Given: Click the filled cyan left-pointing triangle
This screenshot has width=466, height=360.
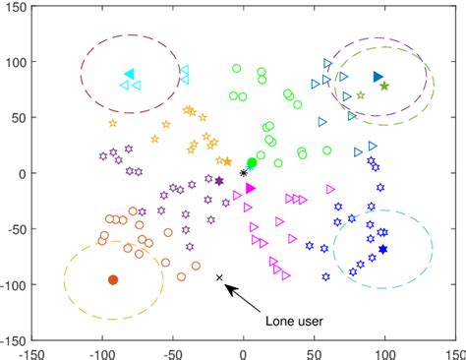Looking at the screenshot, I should pyautogui.click(x=129, y=75).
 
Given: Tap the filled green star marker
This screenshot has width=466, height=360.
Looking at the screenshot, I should pyautogui.click(x=384, y=87).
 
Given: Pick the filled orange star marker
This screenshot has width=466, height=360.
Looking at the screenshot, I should pyautogui.click(x=227, y=161).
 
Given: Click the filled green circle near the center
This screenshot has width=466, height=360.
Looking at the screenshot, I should pyautogui.click(x=252, y=162).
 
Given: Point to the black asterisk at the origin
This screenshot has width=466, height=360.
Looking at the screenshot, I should pyautogui.click(x=244, y=173).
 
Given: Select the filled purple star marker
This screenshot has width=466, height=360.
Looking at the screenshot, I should pyautogui.click(x=219, y=181).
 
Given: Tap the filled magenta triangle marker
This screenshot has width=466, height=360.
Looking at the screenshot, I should pyautogui.click(x=250, y=188).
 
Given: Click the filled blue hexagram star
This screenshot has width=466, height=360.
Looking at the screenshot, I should pyautogui.click(x=382, y=250).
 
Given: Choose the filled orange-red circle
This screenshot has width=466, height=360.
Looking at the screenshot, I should pyautogui.click(x=113, y=280).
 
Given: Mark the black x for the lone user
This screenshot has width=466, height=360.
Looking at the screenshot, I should pyautogui.click(x=219, y=277).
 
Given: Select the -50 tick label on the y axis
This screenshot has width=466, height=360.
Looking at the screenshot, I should pyautogui.click(x=15, y=229).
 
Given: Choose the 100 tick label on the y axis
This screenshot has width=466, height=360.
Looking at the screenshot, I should pyautogui.click(x=16, y=61).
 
